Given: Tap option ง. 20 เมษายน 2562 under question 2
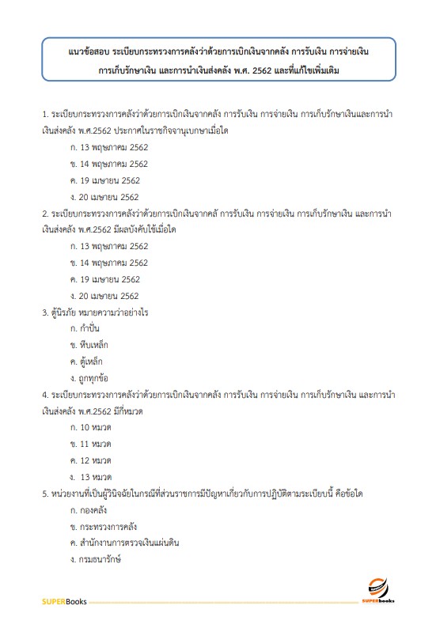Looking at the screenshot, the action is [104, 296].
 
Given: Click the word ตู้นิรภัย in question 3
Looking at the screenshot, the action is [67, 312].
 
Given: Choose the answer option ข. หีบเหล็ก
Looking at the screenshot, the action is [89, 345].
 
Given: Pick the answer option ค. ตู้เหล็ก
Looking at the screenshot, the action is [88, 361].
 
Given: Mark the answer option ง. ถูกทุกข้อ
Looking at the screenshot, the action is [91, 378].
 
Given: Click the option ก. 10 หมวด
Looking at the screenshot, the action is [90, 428].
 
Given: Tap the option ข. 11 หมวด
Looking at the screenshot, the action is [90, 444].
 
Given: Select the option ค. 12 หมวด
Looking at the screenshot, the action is [90, 460].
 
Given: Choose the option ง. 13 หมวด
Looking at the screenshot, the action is [91, 477].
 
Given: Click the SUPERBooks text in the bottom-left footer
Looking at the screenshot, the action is [62, 602].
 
